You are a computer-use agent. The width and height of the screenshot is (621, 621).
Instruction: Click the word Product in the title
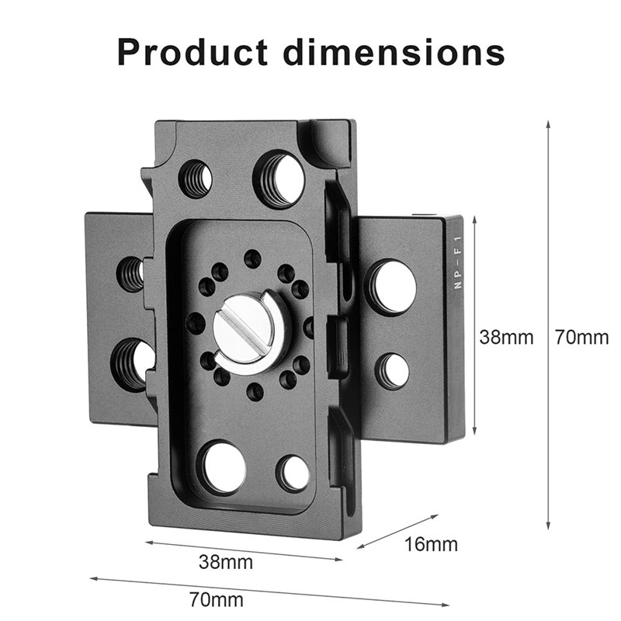pos(193,52)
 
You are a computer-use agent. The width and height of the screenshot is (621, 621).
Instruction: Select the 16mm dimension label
pos(431,545)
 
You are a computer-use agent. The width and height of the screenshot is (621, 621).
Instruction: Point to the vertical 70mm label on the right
pos(581,338)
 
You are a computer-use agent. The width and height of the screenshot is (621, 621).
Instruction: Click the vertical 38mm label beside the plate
pos(506,338)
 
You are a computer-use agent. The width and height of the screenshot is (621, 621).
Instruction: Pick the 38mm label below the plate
pos(226,561)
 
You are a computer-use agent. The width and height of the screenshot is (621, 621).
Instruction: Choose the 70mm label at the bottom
pos(217,599)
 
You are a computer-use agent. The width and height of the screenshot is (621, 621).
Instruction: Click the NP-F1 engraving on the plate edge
pos(458,262)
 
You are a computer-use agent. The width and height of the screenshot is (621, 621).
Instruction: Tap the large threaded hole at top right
pos(279,176)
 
